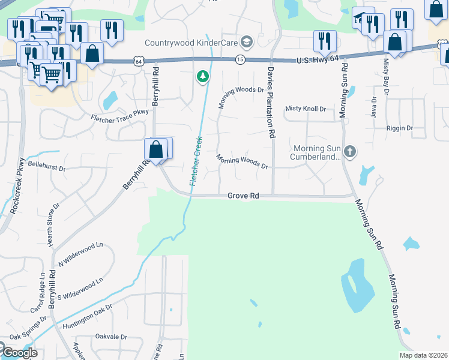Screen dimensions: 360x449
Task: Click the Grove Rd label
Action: pyautogui.click(x=243, y=196)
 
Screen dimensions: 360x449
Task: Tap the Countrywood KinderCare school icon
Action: pyautogui.click(x=246, y=42)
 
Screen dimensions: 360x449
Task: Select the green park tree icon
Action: pyautogui.click(x=203, y=76)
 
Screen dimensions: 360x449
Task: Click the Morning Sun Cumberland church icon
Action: pyautogui.click(x=351, y=152)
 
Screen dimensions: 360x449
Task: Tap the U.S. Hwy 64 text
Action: pyautogui.click(x=321, y=61)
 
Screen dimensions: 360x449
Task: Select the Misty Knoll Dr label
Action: pyautogui.click(x=306, y=109)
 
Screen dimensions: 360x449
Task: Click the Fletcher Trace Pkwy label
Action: pyautogui.click(x=119, y=118)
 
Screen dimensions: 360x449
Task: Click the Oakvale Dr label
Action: pyautogui.click(x=111, y=337)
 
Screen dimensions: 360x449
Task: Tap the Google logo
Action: pyautogui.click(x=19, y=353)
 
